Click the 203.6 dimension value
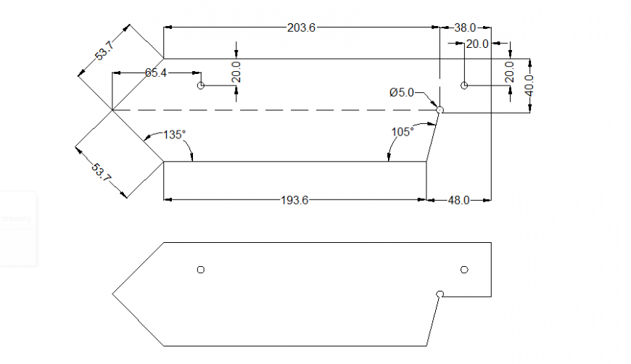click(x=302, y=28)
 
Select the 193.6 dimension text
click(x=294, y=200)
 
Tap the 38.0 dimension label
click(x=465, y=28)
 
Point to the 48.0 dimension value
click(x=458, y=200)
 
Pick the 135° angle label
click(x=174, y=134)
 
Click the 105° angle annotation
click(x=402, y=131)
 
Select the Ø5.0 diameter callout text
click(x=401, y=92)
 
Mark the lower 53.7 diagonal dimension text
click(x=102, y=173)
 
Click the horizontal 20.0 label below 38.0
click(x=477, y=44)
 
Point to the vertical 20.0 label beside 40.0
click(x=510, y=73)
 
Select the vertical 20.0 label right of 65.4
click(x=236, y=73)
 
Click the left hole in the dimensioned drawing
click(x=201, y=86)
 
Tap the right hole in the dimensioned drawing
click(x=464, y=86)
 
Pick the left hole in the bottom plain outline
click(x=201, y=270)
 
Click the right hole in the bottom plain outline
click(x=464, y=270)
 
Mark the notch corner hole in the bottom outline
click(x=440, y=294)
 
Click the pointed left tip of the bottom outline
click(x=113, y=294)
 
